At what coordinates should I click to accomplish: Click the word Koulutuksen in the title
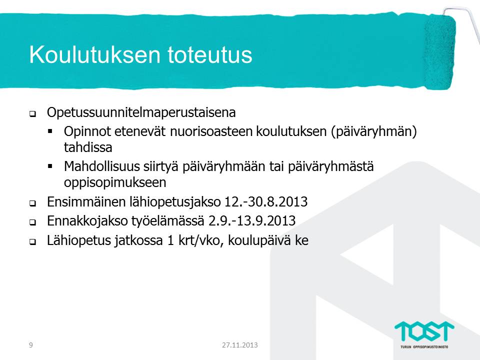coord(94,54)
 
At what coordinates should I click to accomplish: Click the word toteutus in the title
coord(209,54)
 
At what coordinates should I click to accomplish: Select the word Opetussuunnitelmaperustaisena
coord(141,113)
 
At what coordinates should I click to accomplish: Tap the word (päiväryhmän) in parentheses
coord(374,132)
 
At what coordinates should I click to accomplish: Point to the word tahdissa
coord(88,147)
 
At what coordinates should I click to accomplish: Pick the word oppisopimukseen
coord(115,183)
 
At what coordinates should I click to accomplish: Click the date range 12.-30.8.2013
coord(266,201)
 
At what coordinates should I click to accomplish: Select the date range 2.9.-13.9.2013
coord(252,220)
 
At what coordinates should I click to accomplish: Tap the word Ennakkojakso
coord(87,221)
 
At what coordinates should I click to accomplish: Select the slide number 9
coord(30,345)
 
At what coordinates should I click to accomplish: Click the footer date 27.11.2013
coord(239,345)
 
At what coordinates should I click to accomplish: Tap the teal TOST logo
coord(424,331)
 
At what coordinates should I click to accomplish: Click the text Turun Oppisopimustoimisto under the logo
coord(424,347)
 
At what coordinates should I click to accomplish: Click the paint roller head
coord(439,52)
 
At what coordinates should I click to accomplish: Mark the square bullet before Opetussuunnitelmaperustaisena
coord(32,114)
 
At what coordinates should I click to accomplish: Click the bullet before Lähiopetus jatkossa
coord(32,242)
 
